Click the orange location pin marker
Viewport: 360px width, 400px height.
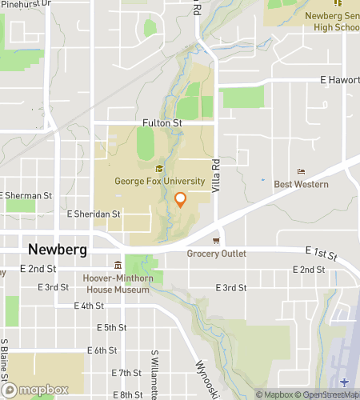pyautogui.click(x=180, y=200)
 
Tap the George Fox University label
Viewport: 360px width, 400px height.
pyautogui.click(x=160, y=181)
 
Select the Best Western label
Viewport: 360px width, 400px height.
pyautogui.click(x=301, y=184)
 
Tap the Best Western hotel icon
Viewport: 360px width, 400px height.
pyautogui.click(x=301, y=172)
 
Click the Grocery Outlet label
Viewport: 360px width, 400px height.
pyautogui.click(x=216, y=254)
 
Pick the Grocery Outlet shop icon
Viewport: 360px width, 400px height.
pyautogui.click(x=216, y=241)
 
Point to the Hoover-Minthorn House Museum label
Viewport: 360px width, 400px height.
pyautogui.click(x=117, y=283)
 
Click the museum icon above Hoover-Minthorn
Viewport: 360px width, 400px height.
pyautogui.click(x=118, y=266)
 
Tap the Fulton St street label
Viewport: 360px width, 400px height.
pyautogui.click(x=162, y=123)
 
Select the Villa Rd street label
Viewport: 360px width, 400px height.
pyautogui.click(x=214, y=174)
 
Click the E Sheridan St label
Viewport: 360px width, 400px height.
pyautogui.click(x=93, y=214)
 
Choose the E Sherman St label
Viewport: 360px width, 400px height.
pyautogui.click(x=27, y=195)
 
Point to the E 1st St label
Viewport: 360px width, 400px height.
pyautogui.click(x=321, y=254)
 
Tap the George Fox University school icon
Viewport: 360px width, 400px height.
pyautogui.click(x=159, y=168)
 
